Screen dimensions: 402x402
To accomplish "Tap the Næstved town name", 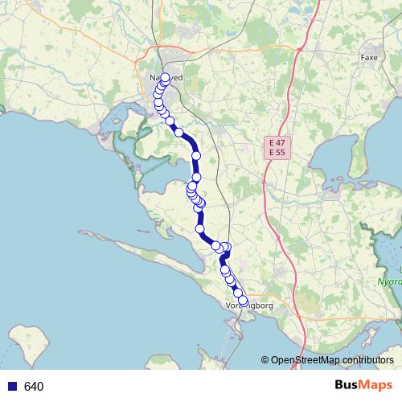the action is [166, 78].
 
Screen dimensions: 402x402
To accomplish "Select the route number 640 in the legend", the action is [34, 387].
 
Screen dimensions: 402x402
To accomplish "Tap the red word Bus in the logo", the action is [347, 386].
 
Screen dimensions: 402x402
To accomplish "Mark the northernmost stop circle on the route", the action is [165, 78].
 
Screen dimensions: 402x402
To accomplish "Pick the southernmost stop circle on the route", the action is [243, 301].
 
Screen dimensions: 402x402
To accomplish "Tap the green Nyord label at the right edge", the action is [390, 282].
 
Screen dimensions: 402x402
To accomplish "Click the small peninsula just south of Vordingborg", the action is [235, 326].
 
